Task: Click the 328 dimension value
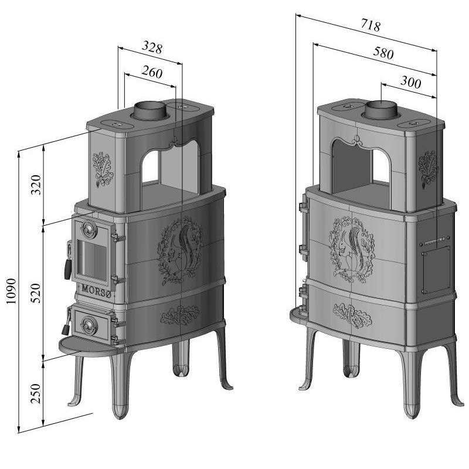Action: pyautogui.click(x=152, y=47)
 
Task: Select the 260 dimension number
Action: pyautogui.click(x=152, y=72)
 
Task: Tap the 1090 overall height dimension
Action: pyautogui.click(x=11, y=291)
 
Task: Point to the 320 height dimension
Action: pyautogui.click(x=36, y=185)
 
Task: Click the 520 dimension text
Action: pyautogui.click(x=36, y=293)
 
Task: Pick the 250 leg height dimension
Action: pyautogui.click(x=36, y=393)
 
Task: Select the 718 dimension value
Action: pyautogui.click(x=371, y=25)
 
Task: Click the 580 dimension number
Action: pyautogui.click(x=383, y=53)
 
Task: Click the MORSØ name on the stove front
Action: pyautogui.click(x=96, y=290)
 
